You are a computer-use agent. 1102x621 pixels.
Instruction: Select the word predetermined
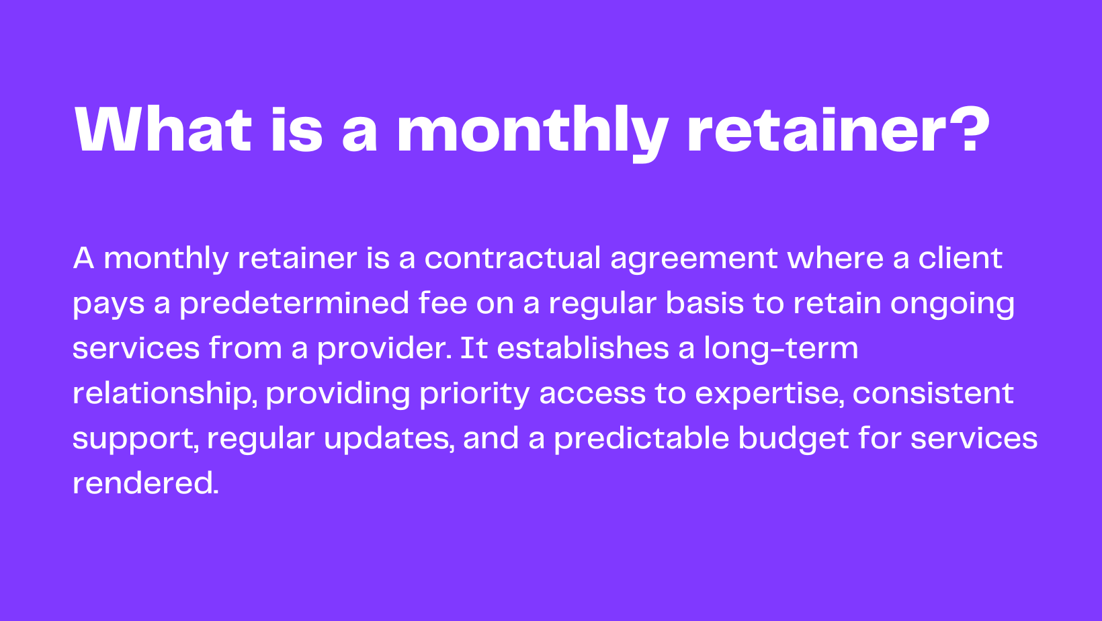pyautogui.click(x=294, y=304)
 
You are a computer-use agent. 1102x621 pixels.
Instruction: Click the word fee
pyautogui.click(x=442, y=304)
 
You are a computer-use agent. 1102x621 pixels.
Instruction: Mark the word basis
pyautogui.click(x=704, y=304)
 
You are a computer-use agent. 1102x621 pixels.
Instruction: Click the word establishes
pyautogui.click(x=583, y=349)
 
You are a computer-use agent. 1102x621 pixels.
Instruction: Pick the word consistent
pyautogui.click(x=933, y=394)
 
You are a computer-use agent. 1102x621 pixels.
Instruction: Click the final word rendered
pyautogui.click(x=145, y=483)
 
